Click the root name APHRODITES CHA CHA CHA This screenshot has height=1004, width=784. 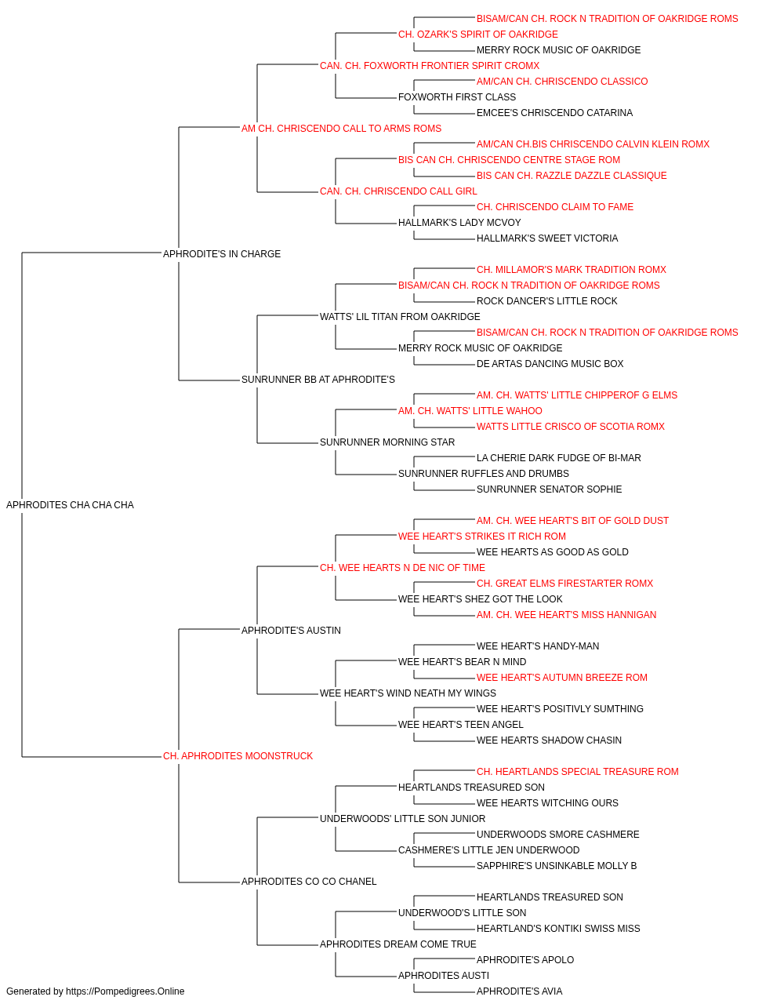pos(71,505)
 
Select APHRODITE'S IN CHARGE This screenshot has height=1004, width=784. pos(222,253)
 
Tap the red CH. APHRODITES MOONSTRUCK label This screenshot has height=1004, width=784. pos(238,756)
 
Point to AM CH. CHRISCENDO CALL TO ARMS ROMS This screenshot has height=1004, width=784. pos(341,129)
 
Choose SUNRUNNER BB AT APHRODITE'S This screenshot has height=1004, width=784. pos(318,380)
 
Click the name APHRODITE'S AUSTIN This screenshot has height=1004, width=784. pos(291,630)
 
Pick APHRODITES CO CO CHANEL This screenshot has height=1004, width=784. pos(309,881)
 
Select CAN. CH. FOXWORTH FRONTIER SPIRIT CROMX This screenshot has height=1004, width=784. pos(430,66)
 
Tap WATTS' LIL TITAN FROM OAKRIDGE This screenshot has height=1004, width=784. pos(400,316)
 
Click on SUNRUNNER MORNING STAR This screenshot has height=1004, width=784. pos(387,442)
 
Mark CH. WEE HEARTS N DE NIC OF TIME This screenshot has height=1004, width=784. pos(402,567)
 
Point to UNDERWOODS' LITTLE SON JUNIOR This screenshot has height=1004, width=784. pos(403,818)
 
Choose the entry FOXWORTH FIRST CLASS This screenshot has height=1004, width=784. pos(457,97)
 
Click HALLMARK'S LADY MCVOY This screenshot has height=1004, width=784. pos(459,223)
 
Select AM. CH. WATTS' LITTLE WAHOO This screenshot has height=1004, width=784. pos(470,411)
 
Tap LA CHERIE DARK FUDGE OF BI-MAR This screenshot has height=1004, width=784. pos(559,458)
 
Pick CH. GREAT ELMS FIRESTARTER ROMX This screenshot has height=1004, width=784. pos(564,583)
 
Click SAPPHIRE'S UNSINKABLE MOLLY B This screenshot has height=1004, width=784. pos(557,865)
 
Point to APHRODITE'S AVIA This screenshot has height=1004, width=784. pos(520,991)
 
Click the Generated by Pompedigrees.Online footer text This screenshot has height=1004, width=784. pos(95,991)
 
